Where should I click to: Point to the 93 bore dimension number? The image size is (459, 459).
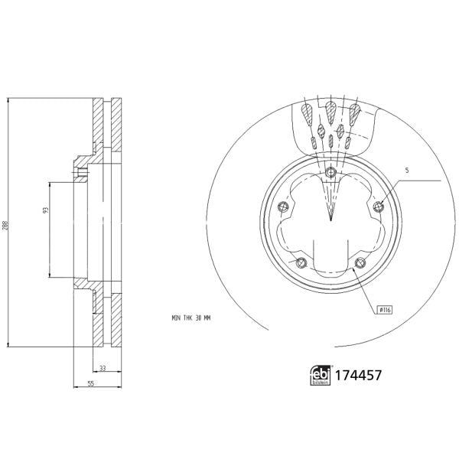pyautogui.click(x=46, y=209)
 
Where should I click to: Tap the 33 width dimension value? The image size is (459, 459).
pyautogui.click(x=102, y=368)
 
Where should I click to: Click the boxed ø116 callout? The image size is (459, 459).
pyautogui.click(x=384, y=309)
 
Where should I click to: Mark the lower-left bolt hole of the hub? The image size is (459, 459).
pyautogui.click(x=301, y=263)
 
